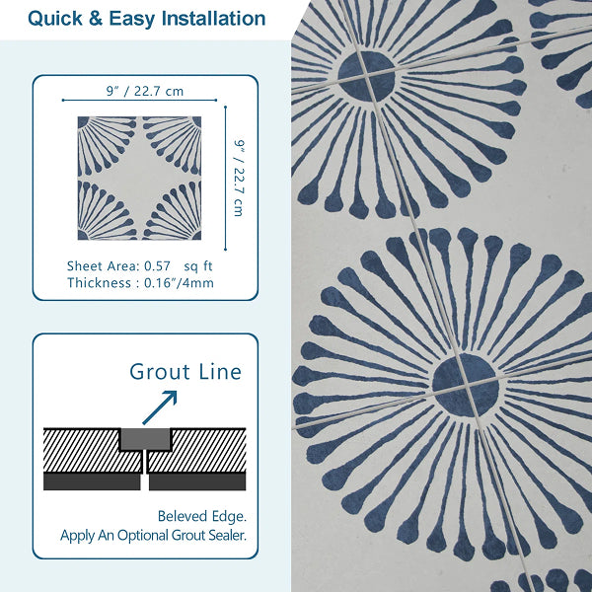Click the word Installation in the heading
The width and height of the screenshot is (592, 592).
pos(214,18)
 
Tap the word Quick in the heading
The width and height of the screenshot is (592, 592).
pos(54,19)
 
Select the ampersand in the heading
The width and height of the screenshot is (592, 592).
pos(96,19)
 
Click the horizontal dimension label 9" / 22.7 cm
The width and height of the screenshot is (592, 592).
pos(145,91)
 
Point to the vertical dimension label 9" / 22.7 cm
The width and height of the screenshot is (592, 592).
pos(239,178)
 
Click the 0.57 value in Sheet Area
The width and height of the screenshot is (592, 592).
pos(157,266)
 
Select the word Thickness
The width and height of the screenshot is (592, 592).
pos(99,283)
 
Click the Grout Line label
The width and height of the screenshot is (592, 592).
pos(185,372)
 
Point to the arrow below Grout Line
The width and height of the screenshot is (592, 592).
pos(160,407)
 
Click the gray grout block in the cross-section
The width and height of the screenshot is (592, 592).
pos(145,439)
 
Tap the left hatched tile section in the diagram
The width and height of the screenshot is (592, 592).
pos(92,450)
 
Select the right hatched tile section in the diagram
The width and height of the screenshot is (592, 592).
pos(197,450)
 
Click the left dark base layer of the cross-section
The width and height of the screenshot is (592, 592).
pos(92,481)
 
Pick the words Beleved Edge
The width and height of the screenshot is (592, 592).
pos(202,516)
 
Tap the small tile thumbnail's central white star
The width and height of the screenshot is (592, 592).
pos(140,178)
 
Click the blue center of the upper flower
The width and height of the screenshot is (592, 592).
pos(367,77)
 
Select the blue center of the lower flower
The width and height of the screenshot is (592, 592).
pos(466,385)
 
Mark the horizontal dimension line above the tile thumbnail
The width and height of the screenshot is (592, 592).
pos(140,100)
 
